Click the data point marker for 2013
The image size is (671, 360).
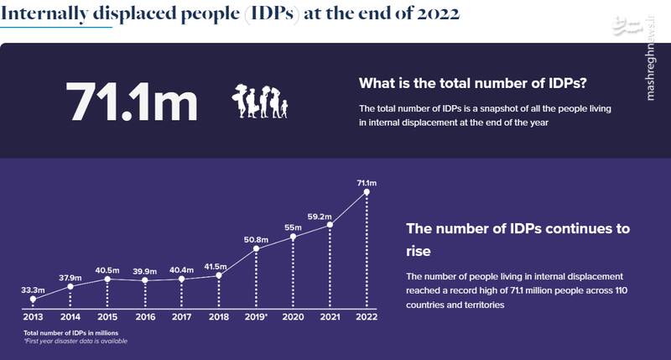click(33, 299)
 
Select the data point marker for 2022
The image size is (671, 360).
click(367, 192)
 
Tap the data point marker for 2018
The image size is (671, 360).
click(219, 275)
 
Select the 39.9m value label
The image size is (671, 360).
click(144, 270)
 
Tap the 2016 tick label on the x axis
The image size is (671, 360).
click(144, 318)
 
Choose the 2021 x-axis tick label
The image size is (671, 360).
click(330, 318)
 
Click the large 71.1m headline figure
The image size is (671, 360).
click(133, 102)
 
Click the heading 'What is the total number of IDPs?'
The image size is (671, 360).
click(472, 84)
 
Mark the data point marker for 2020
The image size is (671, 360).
click(294, 237)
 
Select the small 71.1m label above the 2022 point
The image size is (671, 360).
click(367, 181)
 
